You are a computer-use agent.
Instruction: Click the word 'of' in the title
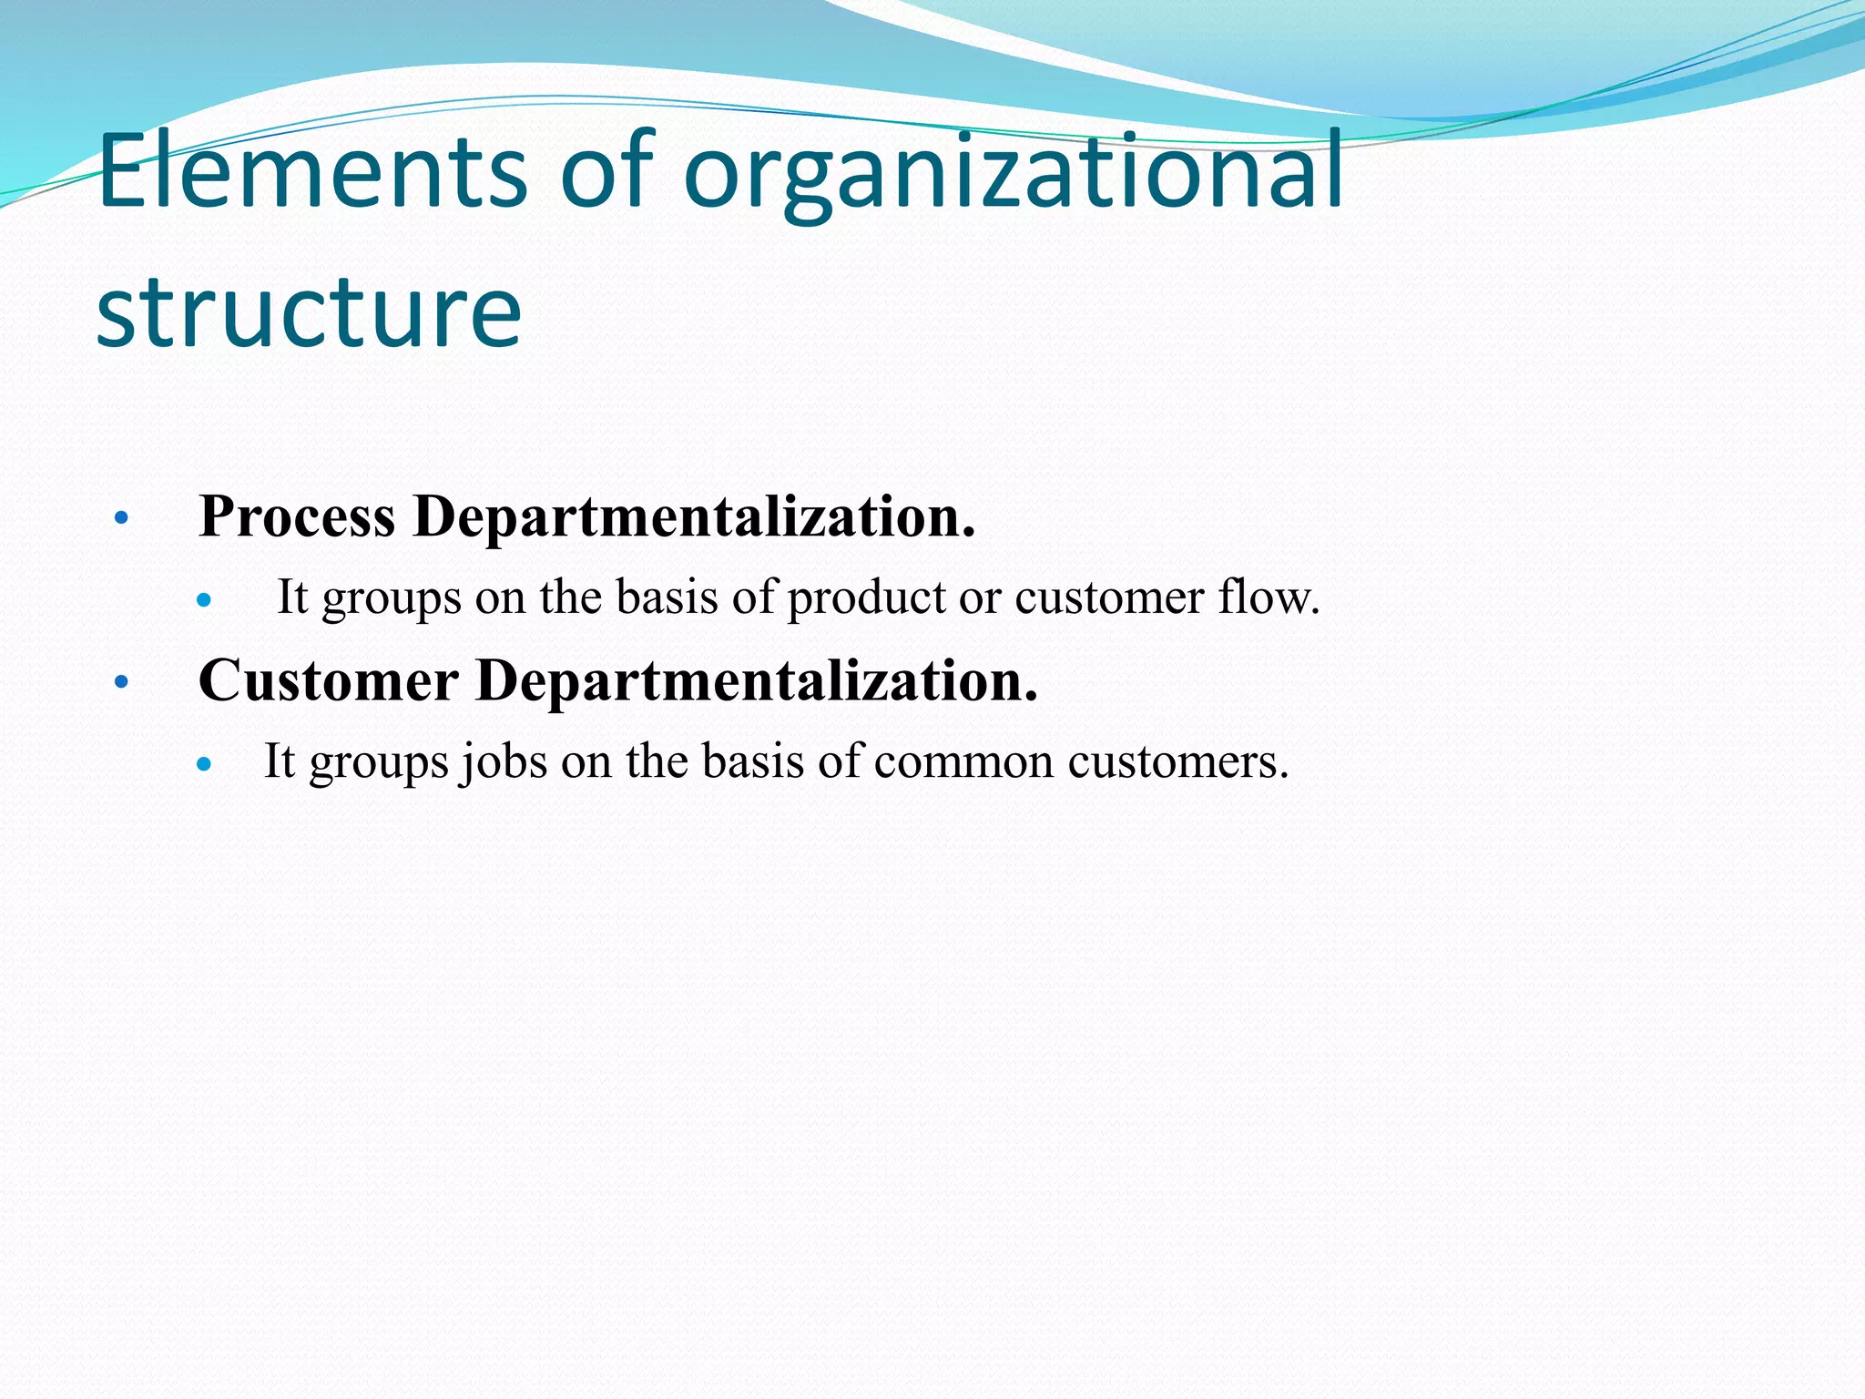coord(606,171)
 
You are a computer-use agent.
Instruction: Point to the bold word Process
coord(297,517)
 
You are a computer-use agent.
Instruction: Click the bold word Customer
coord(328,681)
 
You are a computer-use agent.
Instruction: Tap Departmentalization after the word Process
coord(694,517)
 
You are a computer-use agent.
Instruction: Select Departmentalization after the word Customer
coord(756,681)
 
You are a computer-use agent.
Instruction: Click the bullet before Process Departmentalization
coord(121,519)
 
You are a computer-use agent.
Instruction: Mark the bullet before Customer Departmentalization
coord(121,682)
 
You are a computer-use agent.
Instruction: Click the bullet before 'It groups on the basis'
coord(204,600)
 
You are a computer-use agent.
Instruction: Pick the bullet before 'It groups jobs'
coord(204,764)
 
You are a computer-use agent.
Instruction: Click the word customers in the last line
coord(1178,761)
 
